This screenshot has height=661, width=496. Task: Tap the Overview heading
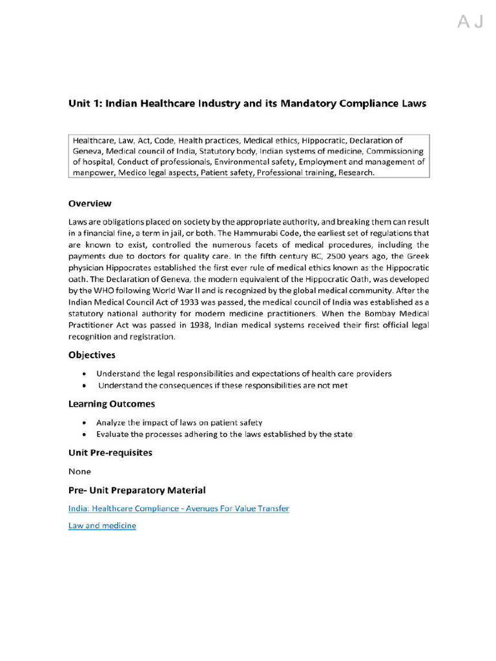pos(90,203)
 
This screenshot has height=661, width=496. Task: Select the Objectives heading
pos(92,355)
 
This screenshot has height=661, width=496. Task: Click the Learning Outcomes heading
pos(112,404)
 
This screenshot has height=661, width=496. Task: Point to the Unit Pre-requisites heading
pos(110,453)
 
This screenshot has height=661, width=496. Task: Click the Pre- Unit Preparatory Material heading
pos(137,491)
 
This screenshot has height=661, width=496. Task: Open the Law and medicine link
pos(102,525)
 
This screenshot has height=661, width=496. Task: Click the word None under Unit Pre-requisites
pos(79,471)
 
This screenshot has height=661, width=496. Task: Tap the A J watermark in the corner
pos(470,23)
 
